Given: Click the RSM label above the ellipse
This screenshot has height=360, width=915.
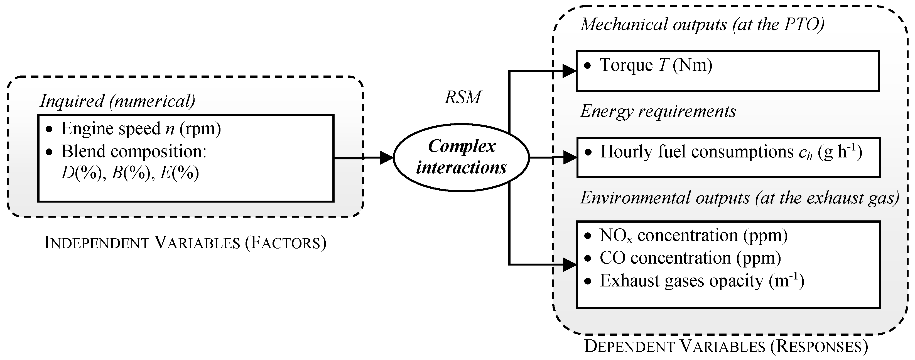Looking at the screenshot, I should [463, 97].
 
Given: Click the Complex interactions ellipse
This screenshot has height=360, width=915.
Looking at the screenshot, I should [462, 157].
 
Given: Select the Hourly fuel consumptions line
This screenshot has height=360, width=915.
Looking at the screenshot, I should [731, 152].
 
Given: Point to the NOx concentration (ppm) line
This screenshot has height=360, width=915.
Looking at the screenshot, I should [693, 236].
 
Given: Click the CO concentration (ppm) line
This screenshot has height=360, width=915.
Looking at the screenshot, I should [690, 258].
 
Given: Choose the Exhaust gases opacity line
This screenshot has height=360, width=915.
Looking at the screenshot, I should [701, 281].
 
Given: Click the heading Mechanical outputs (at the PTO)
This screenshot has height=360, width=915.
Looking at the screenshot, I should [702, 25].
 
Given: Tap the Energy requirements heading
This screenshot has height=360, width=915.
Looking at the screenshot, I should [658, 111].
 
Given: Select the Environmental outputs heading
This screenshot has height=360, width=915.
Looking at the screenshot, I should [740, 198].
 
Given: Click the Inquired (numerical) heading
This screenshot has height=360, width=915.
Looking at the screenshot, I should [117, 101].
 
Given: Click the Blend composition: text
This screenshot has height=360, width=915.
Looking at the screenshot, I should [134, 151].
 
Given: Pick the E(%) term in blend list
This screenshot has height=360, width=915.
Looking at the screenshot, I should [179, 173].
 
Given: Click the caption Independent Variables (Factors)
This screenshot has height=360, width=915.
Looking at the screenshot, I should [185, 243].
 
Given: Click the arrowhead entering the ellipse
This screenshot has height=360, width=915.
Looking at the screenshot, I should [386, 158].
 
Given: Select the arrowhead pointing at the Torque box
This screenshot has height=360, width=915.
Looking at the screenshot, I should [569, 71].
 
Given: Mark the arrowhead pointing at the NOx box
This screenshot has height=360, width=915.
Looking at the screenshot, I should [569, 264].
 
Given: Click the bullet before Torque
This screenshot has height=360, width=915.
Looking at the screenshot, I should [588, 66].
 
